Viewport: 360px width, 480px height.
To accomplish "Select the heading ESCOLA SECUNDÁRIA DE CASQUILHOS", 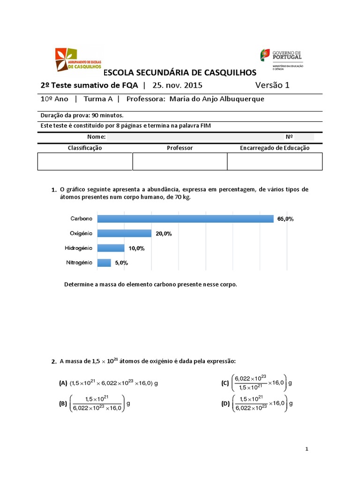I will tap(180, 73).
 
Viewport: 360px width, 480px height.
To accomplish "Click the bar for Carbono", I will tap(185, 219).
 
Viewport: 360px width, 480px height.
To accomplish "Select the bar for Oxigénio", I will tap(124, 233).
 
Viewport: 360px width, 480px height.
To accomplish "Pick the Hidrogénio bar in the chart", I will tap(111, 248).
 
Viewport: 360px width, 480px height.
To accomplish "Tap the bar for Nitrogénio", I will tap(104, 262).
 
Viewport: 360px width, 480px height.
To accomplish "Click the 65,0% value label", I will tap(285, 219).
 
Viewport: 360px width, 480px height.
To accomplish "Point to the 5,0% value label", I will tap(121, 263).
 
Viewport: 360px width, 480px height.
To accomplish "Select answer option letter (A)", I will tap(63, 383).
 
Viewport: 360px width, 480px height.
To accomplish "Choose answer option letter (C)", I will tap(225, 383).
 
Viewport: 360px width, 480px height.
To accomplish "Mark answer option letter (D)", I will tap(225, 403).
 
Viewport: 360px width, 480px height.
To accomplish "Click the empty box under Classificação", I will tap(85, 161).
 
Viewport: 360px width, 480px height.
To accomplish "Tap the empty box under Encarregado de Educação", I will tap(275, 161).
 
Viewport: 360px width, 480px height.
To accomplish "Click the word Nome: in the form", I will tap(97, 137).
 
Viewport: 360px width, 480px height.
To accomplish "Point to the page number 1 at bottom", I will tap(307, 449).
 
